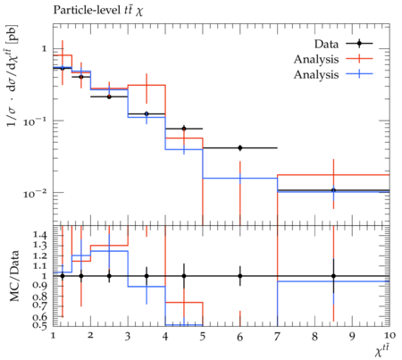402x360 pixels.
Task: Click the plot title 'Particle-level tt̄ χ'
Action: (x=98, y=10)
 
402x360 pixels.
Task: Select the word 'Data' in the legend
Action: (x=326, y=44)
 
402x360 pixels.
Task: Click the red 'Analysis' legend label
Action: (x=316, y=59)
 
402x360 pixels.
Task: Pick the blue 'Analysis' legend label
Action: (x=316, y=74)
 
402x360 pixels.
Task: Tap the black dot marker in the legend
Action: (x=359, y=44)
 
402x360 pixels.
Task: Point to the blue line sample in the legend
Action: (x=359, y=74)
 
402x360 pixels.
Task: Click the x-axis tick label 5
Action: (x=203, y=337)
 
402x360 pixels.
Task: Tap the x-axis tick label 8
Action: (x=314, y=337)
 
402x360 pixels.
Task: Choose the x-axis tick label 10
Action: (x=389, y=336)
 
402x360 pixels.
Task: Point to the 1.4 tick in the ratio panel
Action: (x=40, y=235)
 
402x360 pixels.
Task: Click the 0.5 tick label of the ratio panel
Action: (x=40, y=325)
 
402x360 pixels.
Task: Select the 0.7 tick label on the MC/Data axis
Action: (x=40, y=305)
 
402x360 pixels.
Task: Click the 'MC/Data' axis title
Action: (x=14, y=276)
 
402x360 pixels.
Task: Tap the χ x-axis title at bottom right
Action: (x=382, y=351)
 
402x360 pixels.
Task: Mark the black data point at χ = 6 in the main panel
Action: (x=240, y=147)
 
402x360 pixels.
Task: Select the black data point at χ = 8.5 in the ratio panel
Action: (x=333, y=276)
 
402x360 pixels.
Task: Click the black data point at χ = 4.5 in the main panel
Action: (x=184, y=129)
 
